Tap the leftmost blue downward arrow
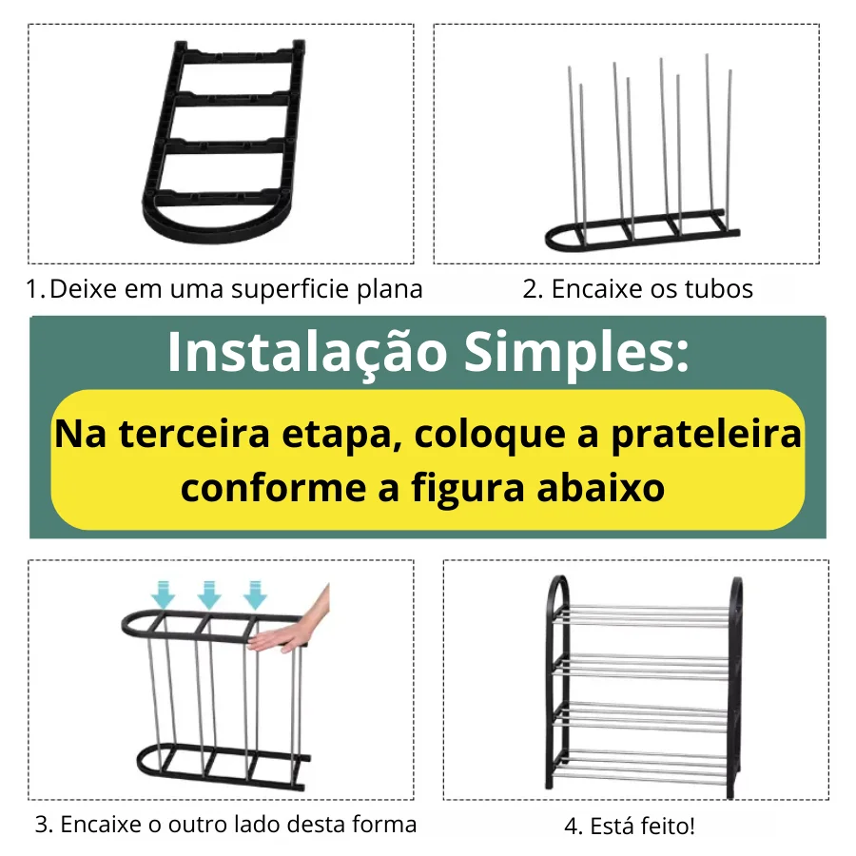coord(164,595)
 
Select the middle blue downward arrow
coord(209,595)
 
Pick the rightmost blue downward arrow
coord(255,595)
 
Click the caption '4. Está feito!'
coord(630,826)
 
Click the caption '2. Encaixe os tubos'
coord(637,289)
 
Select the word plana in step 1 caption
coord(390,289)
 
